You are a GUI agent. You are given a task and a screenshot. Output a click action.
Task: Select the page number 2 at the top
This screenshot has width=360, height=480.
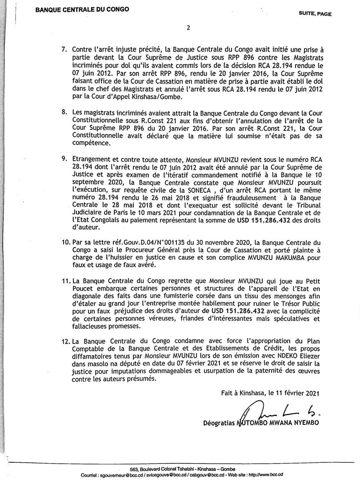(188, 28)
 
